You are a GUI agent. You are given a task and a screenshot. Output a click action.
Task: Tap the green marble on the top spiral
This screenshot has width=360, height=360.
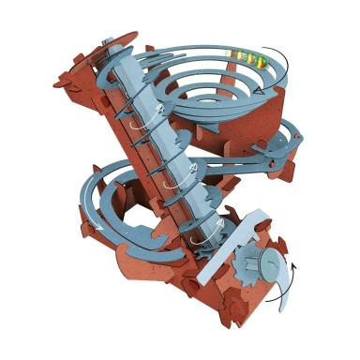[x=263, y=62]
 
